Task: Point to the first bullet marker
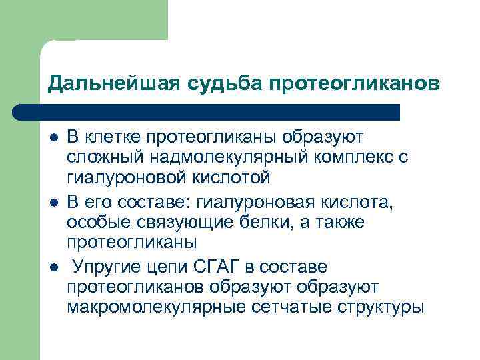point(53,137)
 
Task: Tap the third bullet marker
point(53,267)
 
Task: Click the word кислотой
point(233,179)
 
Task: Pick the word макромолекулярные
point(146,308)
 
